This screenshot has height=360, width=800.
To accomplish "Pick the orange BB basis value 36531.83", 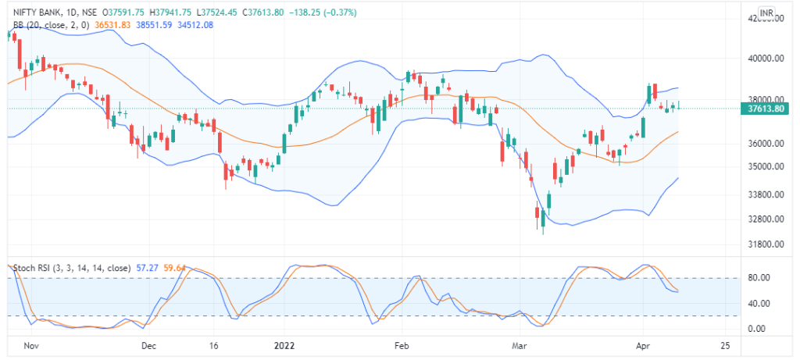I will pos(114,25).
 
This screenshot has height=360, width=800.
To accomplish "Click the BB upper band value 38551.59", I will pos(155,25).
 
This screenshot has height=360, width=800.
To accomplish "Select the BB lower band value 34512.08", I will pos(196,25).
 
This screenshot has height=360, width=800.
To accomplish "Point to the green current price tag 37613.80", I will pos(765,109).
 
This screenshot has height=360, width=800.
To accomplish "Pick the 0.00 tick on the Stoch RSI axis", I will pos(757,329).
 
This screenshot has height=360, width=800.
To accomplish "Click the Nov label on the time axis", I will pos(30,345).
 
